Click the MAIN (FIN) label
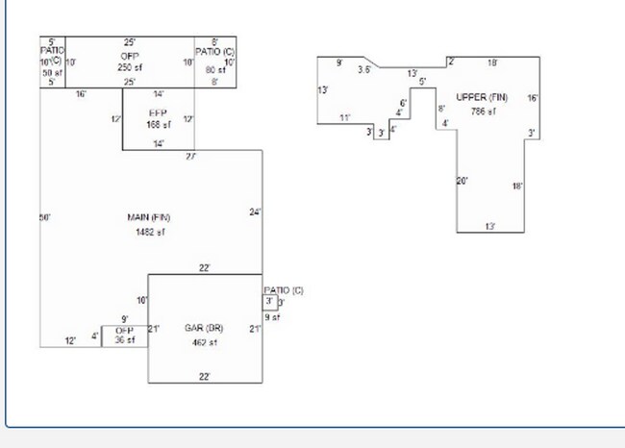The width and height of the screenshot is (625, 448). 149,218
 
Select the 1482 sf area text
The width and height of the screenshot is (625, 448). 149,232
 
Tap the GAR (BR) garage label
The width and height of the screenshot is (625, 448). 204,329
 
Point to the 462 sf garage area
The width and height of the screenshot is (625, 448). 204,342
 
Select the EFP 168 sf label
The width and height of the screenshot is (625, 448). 159,118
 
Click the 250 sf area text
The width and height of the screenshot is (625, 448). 130,68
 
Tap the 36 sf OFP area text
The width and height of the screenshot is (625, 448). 125,339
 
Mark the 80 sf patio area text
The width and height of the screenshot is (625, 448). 214,68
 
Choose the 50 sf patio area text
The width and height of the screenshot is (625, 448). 52,72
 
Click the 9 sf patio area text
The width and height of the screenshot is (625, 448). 271,317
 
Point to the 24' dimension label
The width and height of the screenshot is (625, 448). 255,212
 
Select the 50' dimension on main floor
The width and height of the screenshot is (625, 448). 44,218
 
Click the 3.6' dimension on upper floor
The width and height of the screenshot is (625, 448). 364,69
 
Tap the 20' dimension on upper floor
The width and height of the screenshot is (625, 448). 462,181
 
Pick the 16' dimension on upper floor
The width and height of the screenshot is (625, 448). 533,98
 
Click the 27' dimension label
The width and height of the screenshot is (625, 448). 191,156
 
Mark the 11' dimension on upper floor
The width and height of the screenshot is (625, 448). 344,118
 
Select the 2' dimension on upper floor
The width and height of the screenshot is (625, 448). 450,62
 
